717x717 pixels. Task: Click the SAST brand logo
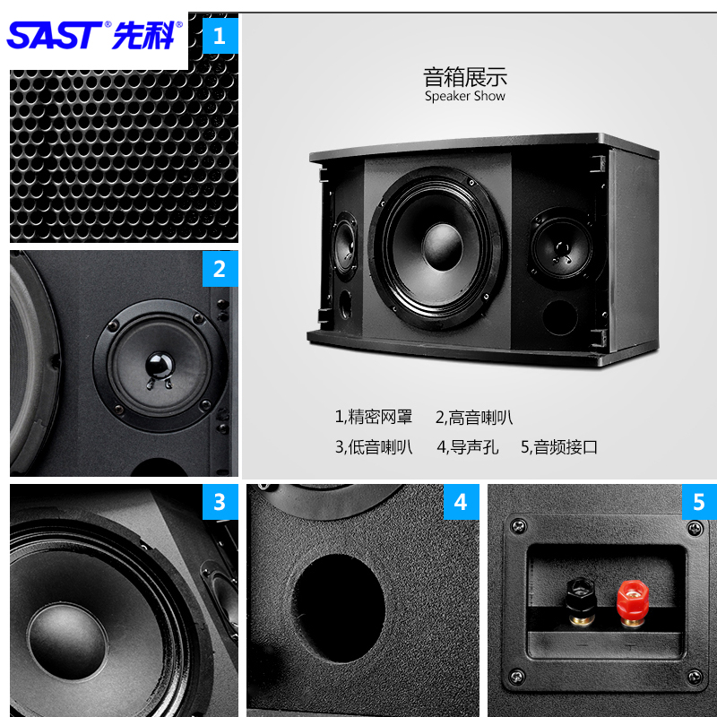coord(94,34)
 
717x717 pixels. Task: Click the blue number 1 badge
coord(220,38)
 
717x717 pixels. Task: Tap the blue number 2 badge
coord(220,268)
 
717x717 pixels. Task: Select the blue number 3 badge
coord(220,502)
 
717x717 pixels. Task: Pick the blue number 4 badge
coord(461,502)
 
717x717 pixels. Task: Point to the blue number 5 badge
coord(699,502)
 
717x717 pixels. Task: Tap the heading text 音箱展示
coord(465,76)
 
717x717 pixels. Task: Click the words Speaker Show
coord(465,96)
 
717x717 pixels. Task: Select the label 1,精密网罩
coord(374,418)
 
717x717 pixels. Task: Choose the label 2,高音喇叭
coord(474,418)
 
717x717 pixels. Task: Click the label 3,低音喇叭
coord(374,446)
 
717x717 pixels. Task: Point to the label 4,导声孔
coord(467,446)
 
